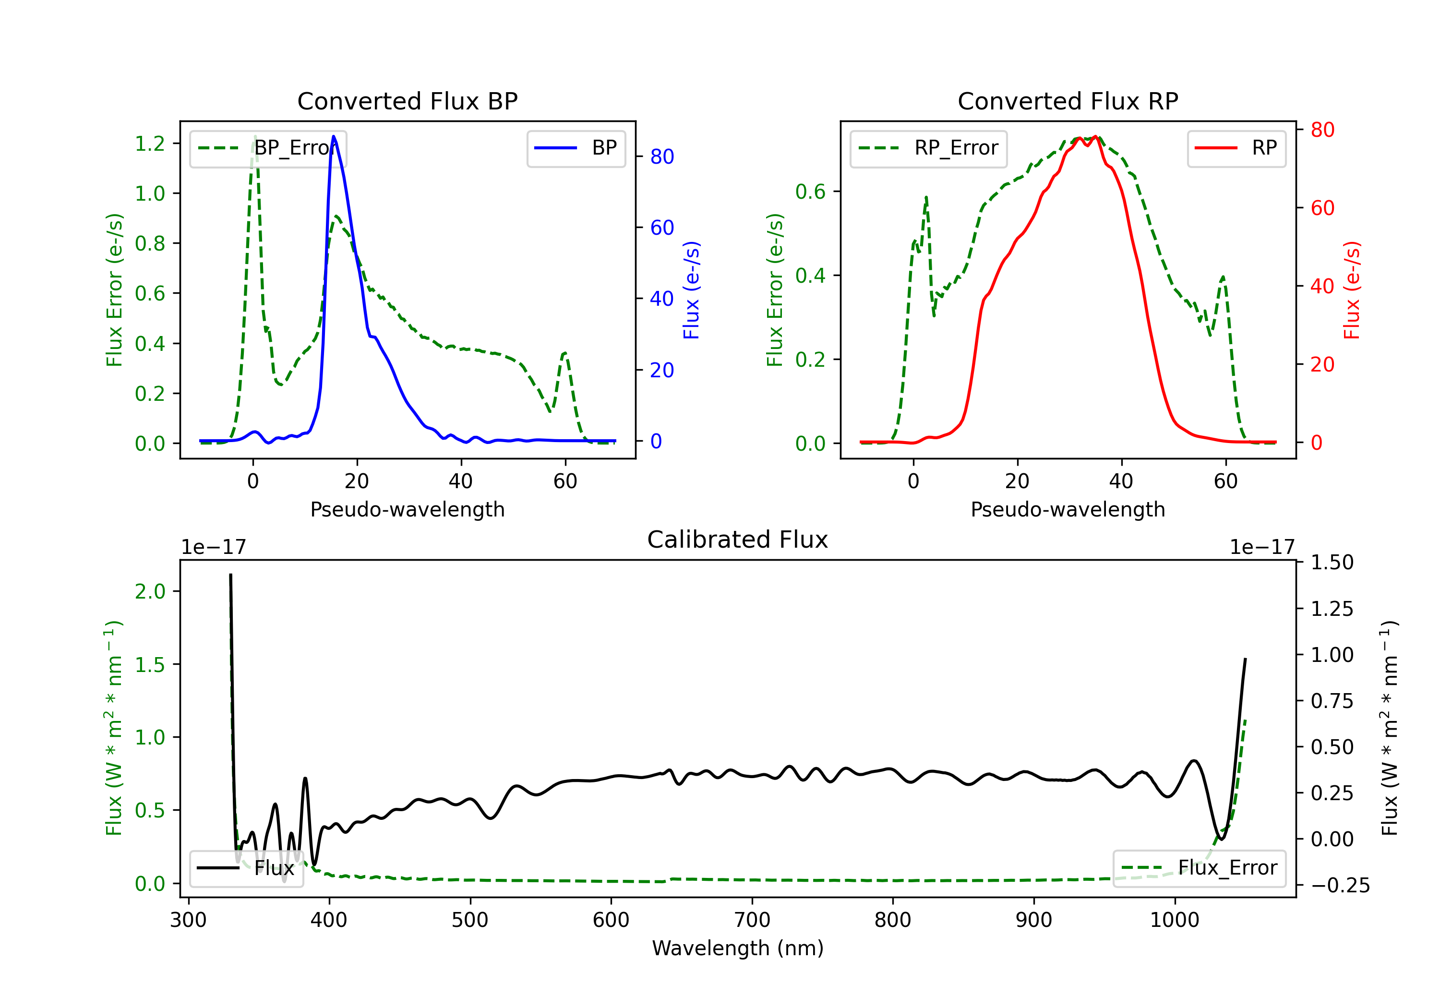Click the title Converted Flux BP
[407, 101]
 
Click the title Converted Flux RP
[1068, 101]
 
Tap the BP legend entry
[576, 148]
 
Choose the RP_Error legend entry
[928, 148]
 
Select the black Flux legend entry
[247, 868]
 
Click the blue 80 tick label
[661, 157]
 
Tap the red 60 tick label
[1322, 208]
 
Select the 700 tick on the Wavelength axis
[752, 920]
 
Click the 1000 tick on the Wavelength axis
[1174, 920]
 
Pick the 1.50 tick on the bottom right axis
[1332, 562]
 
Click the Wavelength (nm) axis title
[738, 948]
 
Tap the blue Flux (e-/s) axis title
[691, 290]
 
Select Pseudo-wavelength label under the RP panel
[1068, 509]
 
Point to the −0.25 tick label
[1340, 886]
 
